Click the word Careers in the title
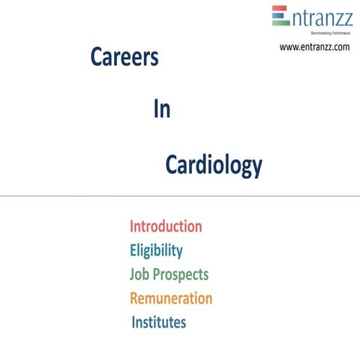click(x=124, y=58)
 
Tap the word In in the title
click(x=161, y=109)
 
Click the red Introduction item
click(x=166, y=226)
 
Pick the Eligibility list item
click(x=156, y=250)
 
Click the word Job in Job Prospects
click(x=140, y=274)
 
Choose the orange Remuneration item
click(x=171, y=298)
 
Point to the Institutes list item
click(x=159, y=322)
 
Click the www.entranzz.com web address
click(x=314, y=47)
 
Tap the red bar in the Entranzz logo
click(x=280, y=9)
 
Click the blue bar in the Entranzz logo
click(x=280, y=16)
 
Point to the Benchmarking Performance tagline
click(x=325, y=34)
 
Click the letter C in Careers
click(x=97, y=58)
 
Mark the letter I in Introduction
click(x=132, y=226)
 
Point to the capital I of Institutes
click(x=133, y=322)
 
